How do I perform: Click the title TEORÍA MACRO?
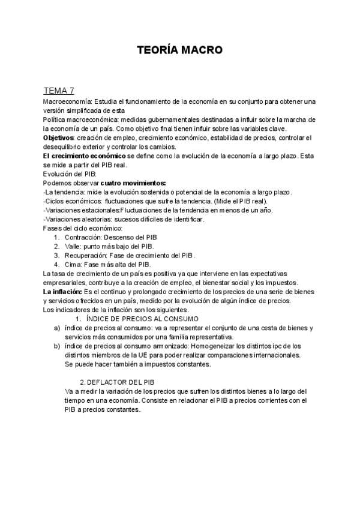coord(179,50)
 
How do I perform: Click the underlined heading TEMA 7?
coord(59,91)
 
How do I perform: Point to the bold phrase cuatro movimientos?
coord(133,182)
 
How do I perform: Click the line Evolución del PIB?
coord(70,173)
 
